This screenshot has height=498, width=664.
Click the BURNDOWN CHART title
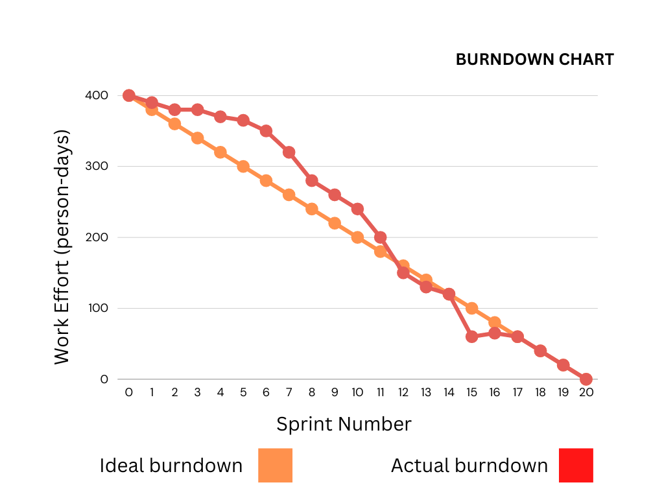534,60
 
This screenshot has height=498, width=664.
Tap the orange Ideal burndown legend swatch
275,466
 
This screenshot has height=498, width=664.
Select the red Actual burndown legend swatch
576,466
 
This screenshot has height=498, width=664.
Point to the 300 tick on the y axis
95,167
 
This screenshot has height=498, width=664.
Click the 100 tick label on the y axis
95,309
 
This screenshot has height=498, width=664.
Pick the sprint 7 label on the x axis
289,392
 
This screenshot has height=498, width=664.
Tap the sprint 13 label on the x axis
426,392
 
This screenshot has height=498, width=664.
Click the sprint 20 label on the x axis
586,392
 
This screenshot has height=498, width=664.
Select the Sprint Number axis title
344,424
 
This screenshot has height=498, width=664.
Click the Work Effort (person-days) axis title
62,248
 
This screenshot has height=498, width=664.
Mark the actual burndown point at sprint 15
471,337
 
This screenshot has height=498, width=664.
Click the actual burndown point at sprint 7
289,152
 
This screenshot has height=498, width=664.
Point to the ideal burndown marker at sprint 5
243,167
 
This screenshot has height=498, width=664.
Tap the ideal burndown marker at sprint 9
335,223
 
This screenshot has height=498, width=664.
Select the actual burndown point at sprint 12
403,273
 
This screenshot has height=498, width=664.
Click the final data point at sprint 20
586,379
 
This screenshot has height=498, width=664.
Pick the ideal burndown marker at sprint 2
174,124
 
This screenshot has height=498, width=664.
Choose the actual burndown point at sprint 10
357,209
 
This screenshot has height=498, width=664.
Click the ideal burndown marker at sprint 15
471,308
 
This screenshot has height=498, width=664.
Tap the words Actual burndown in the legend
469,466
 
